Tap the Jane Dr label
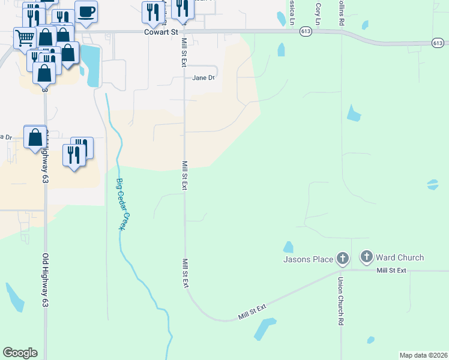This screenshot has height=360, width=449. point(203,77)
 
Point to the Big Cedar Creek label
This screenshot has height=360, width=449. point(124,205)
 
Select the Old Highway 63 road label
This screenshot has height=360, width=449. point(45,280)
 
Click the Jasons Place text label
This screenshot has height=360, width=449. point(308,259)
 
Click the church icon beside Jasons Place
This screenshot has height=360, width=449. point(342,259)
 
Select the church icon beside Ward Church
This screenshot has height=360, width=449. point(366,257)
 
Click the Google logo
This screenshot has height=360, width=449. point(20,353)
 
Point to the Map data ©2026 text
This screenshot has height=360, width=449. point(423,355)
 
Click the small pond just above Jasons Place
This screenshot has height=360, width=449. point(288,247)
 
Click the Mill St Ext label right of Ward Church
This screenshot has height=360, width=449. point(391,271)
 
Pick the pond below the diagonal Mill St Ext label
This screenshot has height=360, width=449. point(264,329)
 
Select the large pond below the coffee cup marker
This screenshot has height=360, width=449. point(92,65)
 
